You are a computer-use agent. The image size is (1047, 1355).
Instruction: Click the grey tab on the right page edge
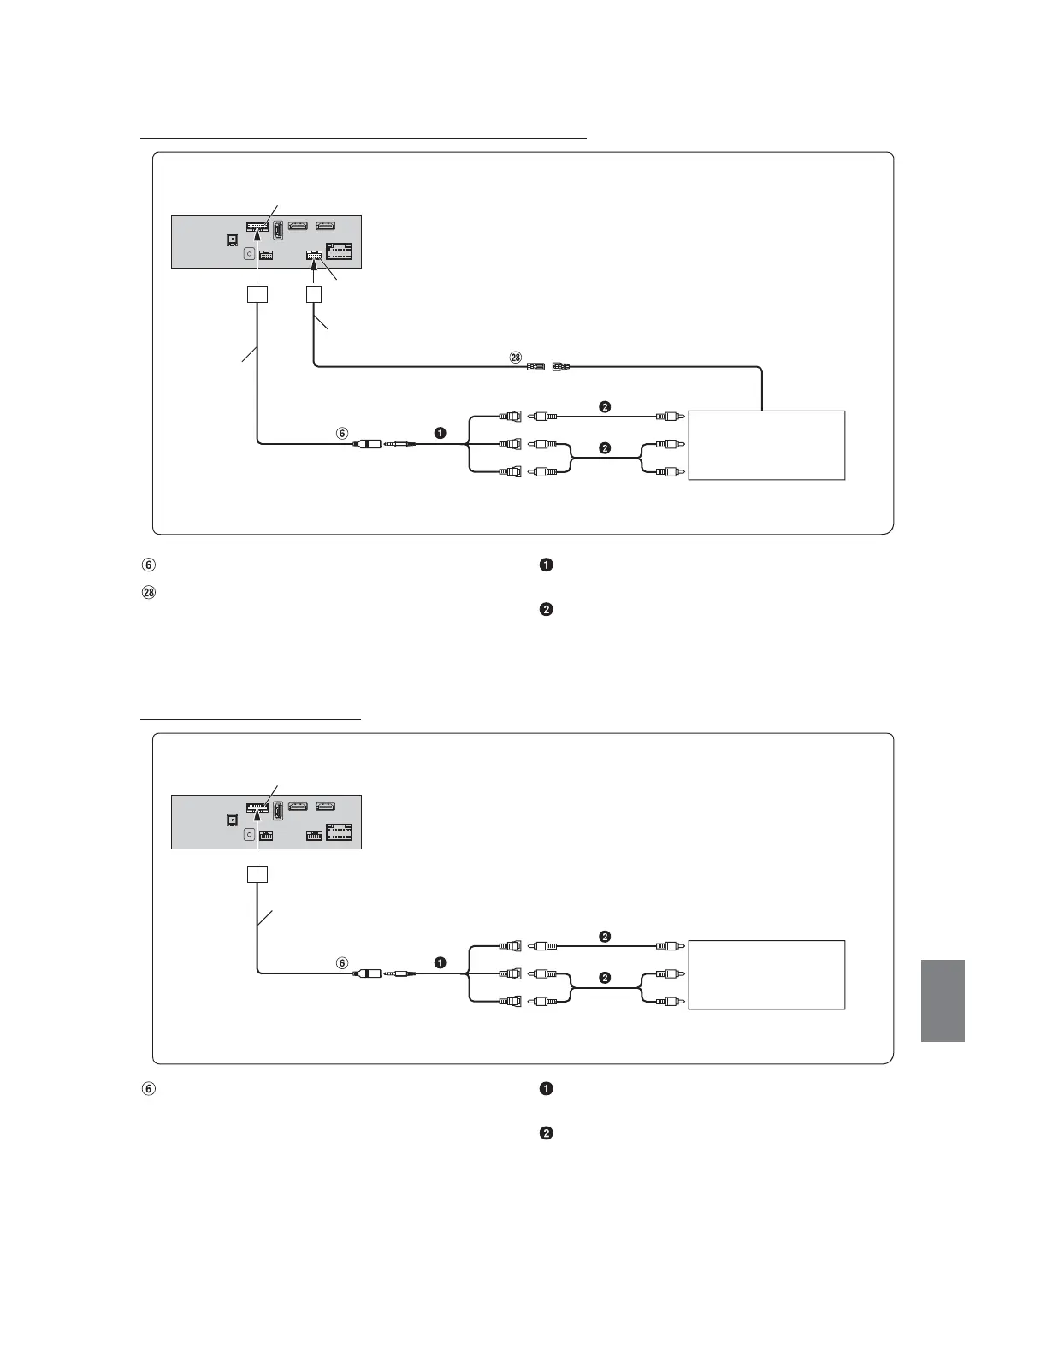coord(943,1000)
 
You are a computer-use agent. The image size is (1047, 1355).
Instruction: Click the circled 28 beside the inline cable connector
coord(515,358)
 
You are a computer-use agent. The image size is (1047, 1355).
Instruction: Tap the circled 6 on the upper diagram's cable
coord(342,433)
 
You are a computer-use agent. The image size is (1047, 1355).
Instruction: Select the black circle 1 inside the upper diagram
coord(440,433)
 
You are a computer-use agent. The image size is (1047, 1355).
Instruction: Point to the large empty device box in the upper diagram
coord(766,445)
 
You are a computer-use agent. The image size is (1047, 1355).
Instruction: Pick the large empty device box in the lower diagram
coord(766,974)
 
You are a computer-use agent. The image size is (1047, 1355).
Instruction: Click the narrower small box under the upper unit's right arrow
coord(314,293)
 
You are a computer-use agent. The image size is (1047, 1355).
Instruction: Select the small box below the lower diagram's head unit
coord(257,874)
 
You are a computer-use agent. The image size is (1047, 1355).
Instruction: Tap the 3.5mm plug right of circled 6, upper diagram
coord(400,444)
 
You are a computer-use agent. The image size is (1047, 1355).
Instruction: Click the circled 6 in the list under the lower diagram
coord(148,1089)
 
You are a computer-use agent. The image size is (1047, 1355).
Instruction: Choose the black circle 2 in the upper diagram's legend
coord(547,610)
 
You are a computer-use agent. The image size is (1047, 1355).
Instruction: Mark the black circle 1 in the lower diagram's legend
coord(547,1089)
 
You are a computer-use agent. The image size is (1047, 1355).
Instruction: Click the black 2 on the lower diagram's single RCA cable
coord(605,936)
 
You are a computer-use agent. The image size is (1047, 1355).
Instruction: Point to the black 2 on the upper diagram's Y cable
coord(605,447)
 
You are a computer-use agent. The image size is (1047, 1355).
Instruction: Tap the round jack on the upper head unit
coord(249,253)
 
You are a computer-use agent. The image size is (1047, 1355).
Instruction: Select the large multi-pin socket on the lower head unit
coord(339,832)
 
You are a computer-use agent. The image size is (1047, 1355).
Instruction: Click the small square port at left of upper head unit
coord(230,240)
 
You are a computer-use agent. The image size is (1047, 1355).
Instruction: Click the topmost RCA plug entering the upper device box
coord(666,417)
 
